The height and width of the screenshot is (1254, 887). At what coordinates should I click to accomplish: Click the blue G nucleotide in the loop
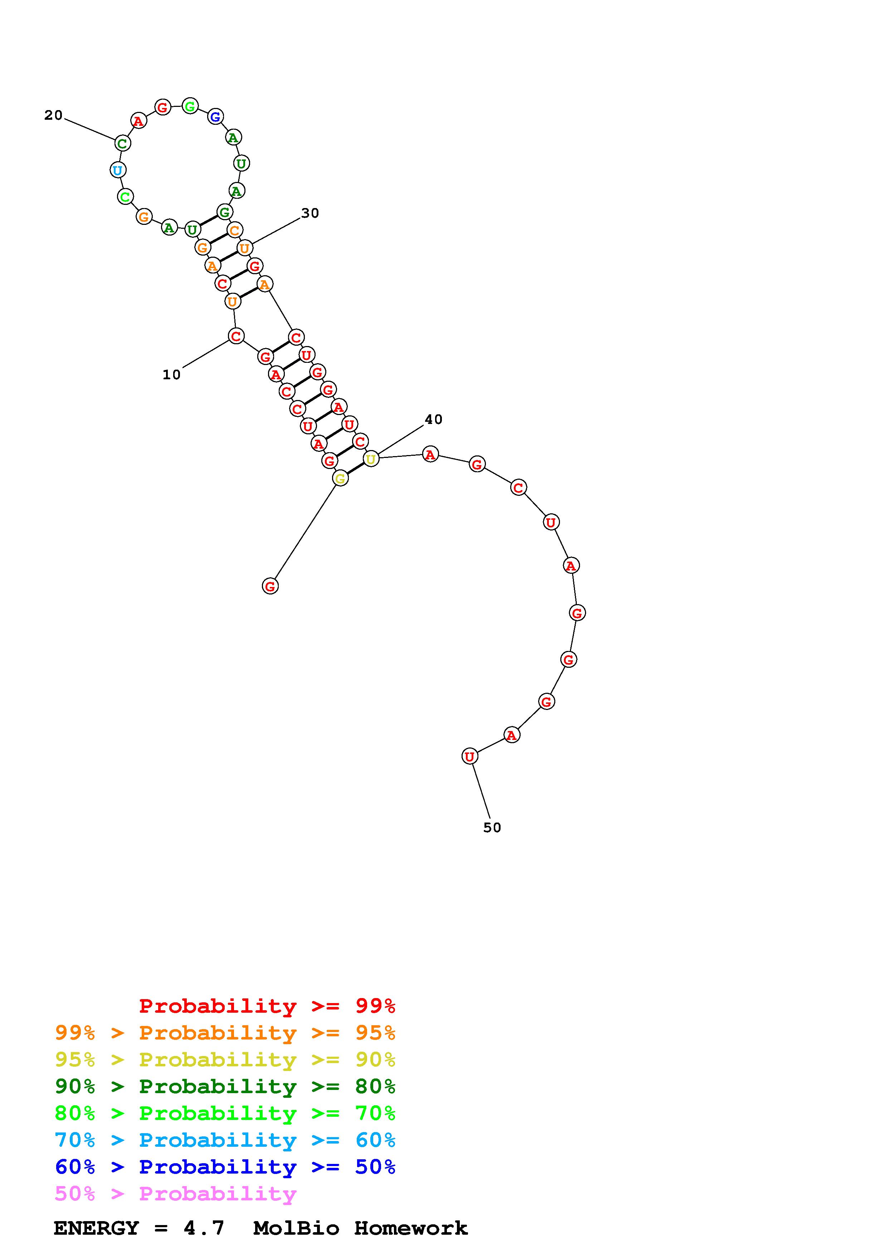[x=215, y=116]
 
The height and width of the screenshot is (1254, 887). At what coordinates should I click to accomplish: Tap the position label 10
[x=172, y=375]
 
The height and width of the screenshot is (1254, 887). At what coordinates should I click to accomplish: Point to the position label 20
[x=54, y=115]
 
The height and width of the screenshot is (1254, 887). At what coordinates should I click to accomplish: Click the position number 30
[x=310, y=213]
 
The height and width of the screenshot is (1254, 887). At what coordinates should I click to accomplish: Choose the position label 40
[x=433, y=419]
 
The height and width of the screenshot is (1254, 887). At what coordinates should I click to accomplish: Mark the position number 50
[x=492, y=828]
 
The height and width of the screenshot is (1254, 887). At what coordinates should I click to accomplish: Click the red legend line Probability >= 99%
[x=267, y=1006]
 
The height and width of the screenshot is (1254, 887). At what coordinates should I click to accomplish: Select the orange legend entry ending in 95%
[x=225, y=1033]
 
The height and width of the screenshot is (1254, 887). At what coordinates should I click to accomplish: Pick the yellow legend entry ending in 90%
[x=225, y=1060]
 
